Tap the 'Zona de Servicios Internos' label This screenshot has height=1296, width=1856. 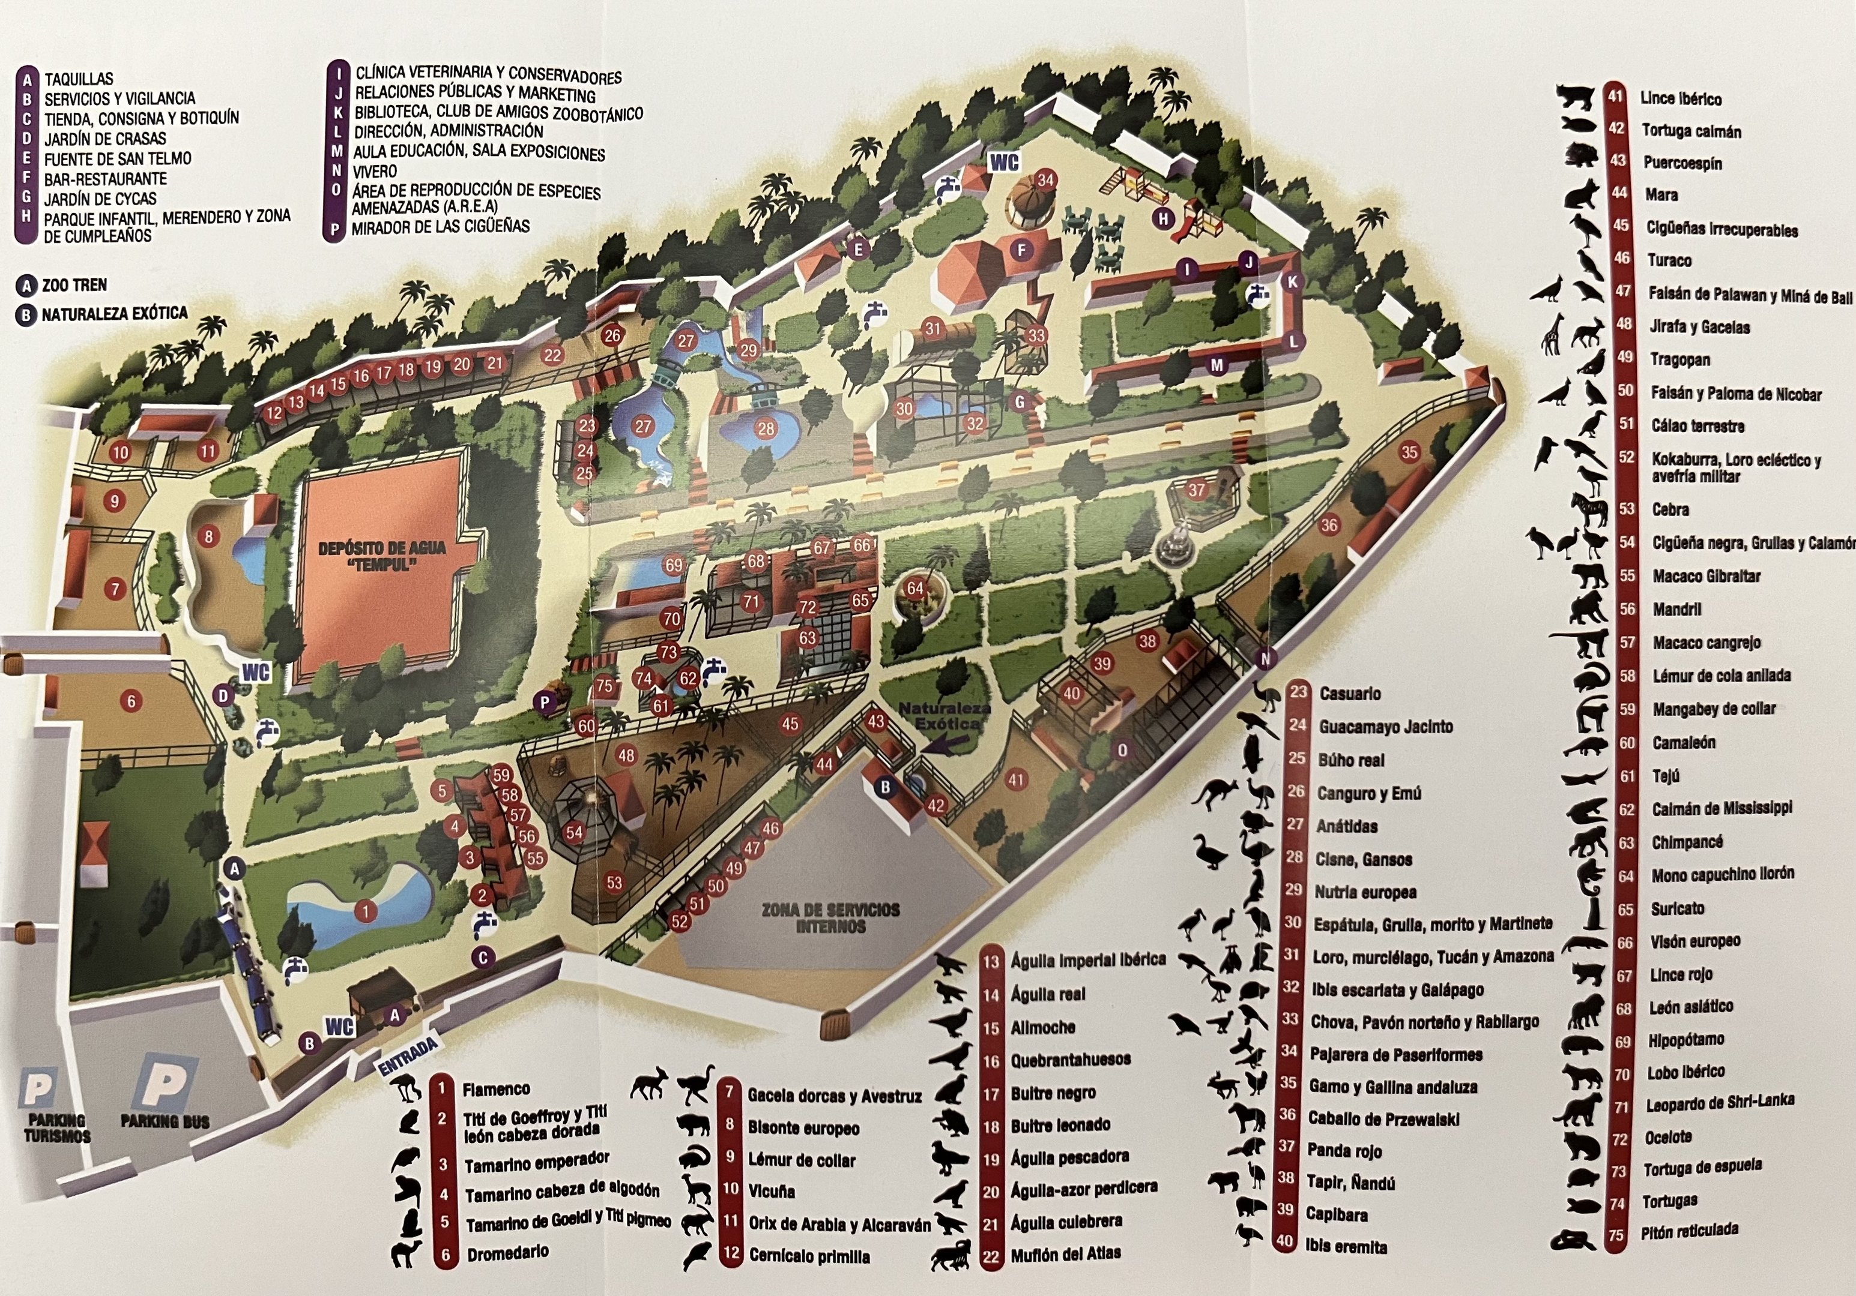pos(830,918)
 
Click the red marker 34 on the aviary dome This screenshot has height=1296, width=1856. pos(1045,179)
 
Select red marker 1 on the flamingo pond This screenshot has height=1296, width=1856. pos(366,912)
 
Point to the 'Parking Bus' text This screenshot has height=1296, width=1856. pos(165,1121)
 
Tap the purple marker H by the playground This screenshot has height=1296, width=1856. pos(1163,218)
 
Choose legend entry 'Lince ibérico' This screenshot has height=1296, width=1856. pos(1681,98)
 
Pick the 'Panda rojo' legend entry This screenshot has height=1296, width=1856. pos(1344,1151)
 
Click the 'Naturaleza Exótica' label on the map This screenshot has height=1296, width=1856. pos(944,716)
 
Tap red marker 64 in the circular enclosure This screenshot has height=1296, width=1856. pos(915,588)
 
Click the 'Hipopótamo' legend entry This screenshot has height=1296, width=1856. pos(1686,1040)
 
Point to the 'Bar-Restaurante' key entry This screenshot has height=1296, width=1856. pos(105,179)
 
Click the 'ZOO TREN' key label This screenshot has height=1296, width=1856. pos(74,285)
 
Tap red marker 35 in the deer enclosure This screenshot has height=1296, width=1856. pos(1410,452)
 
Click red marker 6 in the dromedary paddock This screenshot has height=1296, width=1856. pos(131,701)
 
